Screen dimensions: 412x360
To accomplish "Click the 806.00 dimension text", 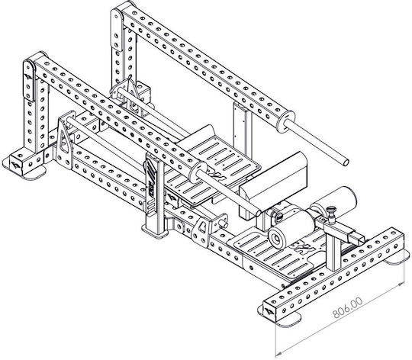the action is [x=347, y=307].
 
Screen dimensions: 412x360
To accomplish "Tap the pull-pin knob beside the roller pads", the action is [x=332, y=211].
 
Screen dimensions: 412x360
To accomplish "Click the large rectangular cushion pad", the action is [x=273, y=184].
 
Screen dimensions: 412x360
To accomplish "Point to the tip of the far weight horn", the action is [x=346, y=162].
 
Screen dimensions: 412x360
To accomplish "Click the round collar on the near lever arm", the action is [x=198, y=172].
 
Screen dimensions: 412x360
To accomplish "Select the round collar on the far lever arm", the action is [x=285, y=121].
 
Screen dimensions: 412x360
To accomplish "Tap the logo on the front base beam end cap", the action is [x=270, y=311].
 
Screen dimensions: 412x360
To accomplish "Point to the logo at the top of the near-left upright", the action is [x=28, y=77].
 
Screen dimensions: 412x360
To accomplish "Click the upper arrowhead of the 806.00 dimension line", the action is [x=401, y=284].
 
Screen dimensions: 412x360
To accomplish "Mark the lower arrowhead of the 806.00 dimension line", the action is [x=279, y=352].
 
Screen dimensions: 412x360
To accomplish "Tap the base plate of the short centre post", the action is [x=156, y=233].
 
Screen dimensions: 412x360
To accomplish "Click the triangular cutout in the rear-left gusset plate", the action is [x=63, y=141].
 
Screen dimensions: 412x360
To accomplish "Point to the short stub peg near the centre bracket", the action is [x=223, y=223].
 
